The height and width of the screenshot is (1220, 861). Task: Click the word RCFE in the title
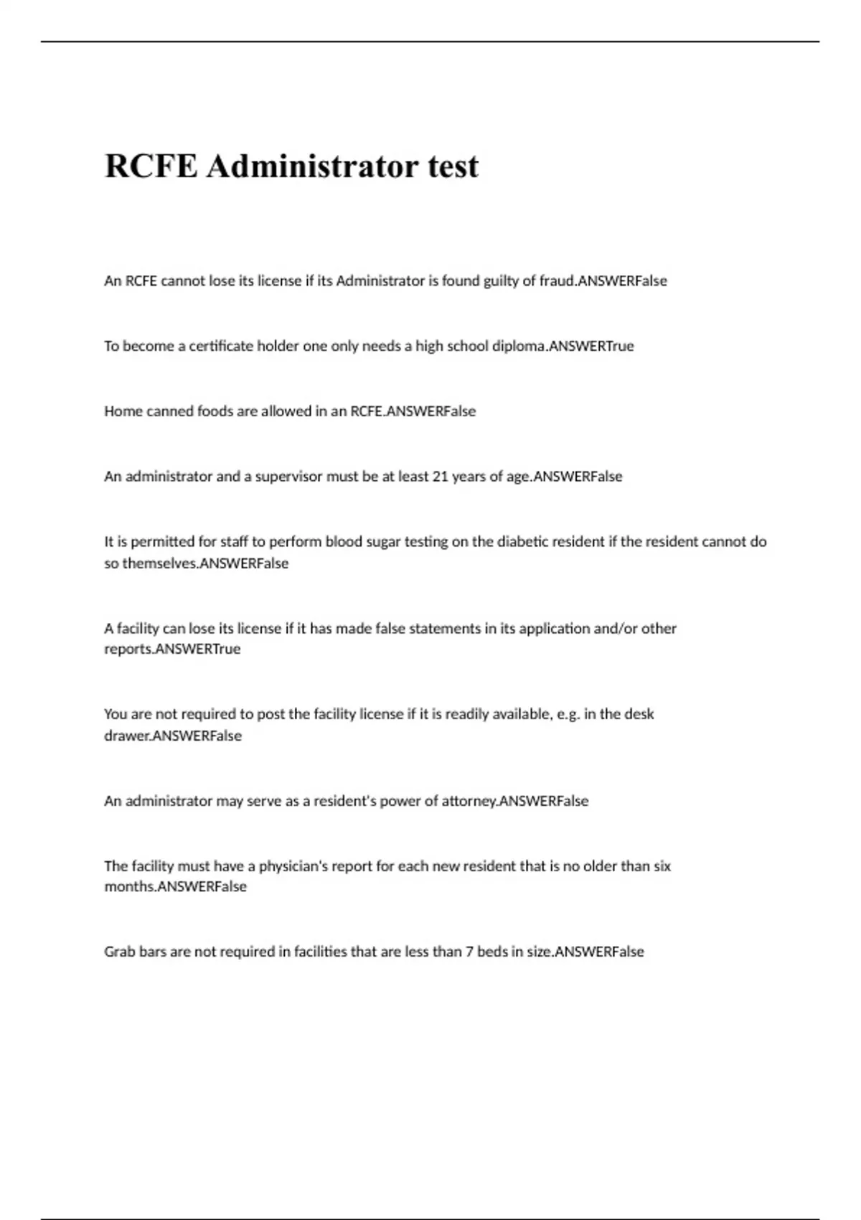[x=151, y=166]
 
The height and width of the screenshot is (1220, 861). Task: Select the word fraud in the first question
[x=557, y=281]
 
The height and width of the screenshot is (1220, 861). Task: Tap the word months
[x=129, y=887]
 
